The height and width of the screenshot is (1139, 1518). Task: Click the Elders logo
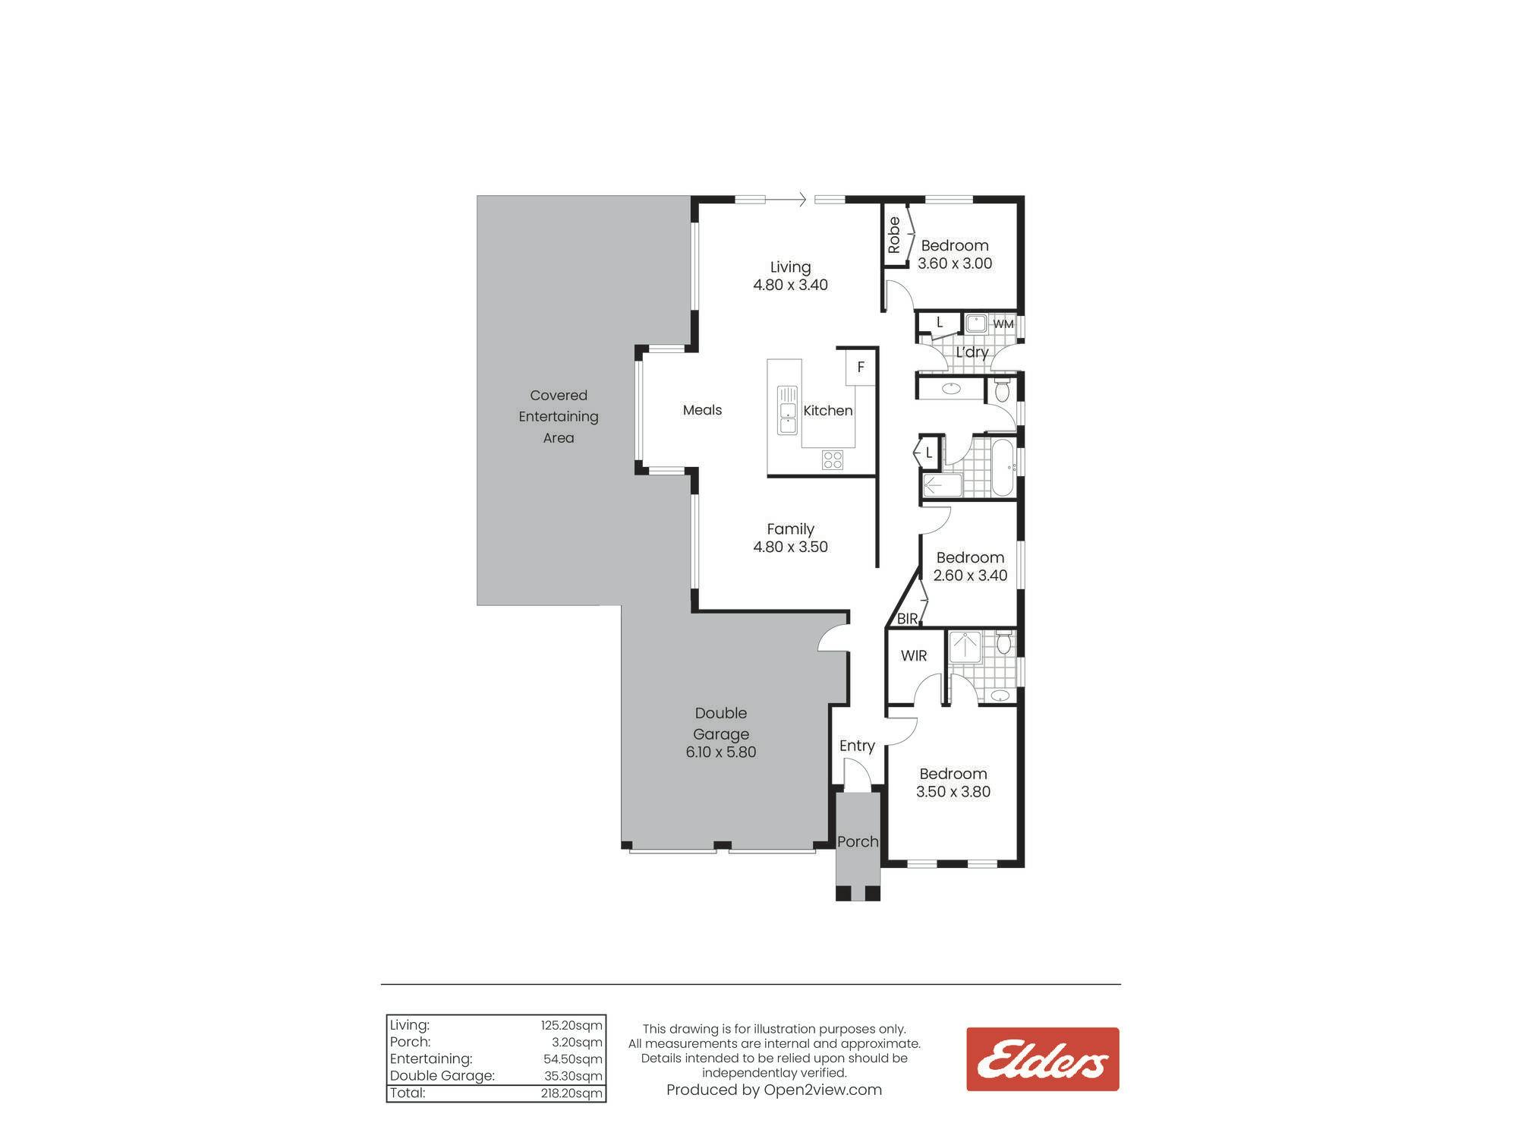tap(1042, 1059)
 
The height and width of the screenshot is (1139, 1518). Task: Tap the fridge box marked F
tap(861, 368)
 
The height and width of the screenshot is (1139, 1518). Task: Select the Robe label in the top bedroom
tap(894, 235)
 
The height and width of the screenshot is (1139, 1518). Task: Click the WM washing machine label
tap(1003, 324)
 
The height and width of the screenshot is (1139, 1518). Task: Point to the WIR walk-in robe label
tap(914, 655)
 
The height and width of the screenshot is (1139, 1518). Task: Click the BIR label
tap(907, 619)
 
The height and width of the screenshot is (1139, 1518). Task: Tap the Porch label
tap(858, 841)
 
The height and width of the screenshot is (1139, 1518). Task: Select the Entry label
tap(857, 746)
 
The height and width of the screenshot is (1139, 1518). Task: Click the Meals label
tap(702, 410)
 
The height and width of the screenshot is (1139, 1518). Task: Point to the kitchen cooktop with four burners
tap(833, 459)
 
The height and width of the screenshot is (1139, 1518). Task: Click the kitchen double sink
tap(787, 410)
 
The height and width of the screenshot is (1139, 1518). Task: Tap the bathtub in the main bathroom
tap(1003, 467)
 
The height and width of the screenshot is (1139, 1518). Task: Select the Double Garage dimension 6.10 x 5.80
tap(721, 752)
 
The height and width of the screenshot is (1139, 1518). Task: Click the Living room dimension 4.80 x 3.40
tap(790, 285)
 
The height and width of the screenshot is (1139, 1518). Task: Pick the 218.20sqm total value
tap(572, 1093)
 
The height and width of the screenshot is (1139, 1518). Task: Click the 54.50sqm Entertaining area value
tap(573, 1059)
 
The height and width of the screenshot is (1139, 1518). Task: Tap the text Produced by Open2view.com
tap(774, 1090)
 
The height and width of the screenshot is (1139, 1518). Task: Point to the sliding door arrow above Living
tap(786, 200)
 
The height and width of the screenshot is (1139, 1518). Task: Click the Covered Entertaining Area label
tap(559, 416)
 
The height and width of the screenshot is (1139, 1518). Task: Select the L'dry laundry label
tap(972, 352)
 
